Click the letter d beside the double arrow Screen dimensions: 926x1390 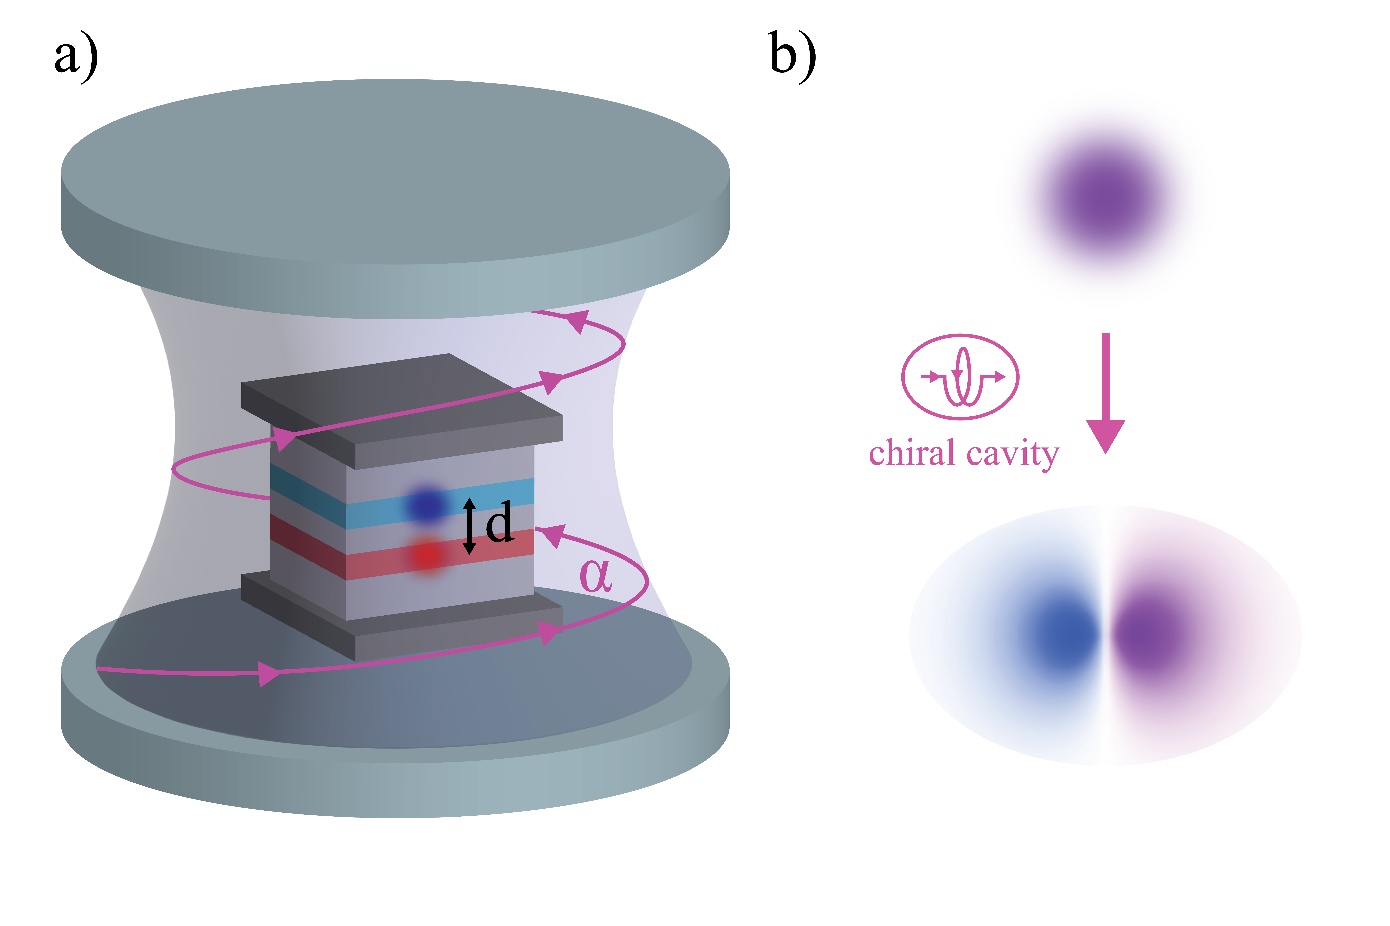[499, 522]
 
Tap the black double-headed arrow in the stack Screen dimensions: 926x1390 [469, 526]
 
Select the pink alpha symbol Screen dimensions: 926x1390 [595, 576]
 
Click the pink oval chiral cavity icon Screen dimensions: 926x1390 [960, 377]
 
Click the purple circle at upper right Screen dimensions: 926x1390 [1105, 198]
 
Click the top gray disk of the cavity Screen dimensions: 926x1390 [395, 171]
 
